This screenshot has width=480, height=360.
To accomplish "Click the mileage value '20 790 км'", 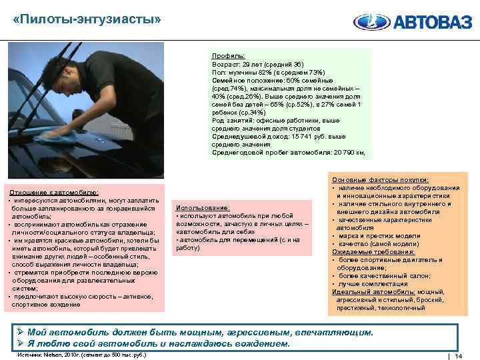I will (347, 152).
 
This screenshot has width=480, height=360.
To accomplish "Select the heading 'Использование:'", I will (202, 208).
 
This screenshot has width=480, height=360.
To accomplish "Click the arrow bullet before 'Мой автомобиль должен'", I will (21, 333).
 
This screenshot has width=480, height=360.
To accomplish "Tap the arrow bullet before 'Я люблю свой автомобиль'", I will (21, 344).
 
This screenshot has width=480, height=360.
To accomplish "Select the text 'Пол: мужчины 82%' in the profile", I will (241, 71).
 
